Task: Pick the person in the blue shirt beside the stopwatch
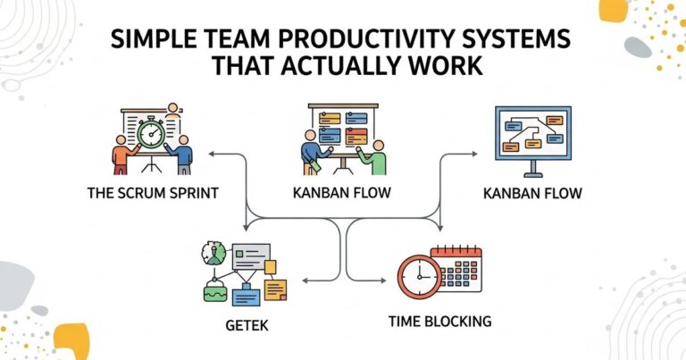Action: pos(184,155)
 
